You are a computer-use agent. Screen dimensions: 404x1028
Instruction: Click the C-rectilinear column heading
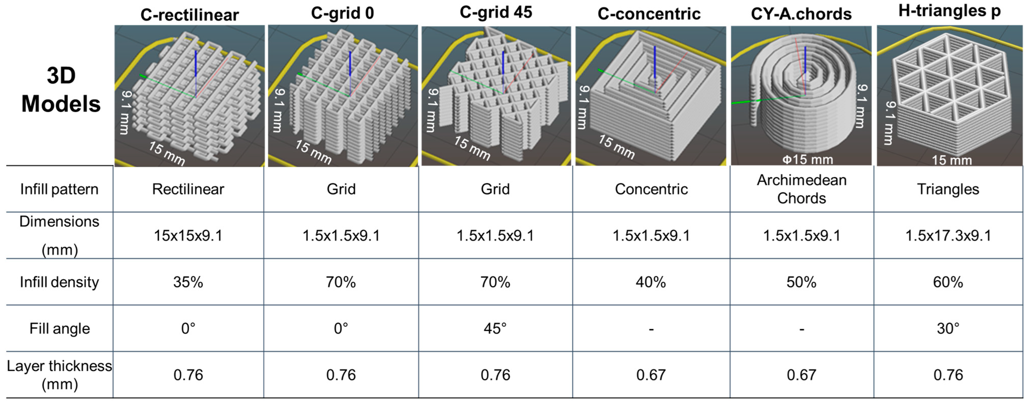190,15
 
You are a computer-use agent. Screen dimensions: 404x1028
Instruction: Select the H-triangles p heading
949,11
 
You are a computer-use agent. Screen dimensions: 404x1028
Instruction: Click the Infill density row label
59,282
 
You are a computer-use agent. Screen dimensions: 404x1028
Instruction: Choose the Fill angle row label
59,328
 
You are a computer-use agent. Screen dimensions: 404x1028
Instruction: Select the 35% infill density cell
188,282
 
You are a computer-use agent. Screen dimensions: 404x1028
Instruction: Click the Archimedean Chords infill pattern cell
801,189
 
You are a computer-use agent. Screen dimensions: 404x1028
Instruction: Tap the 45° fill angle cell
495,328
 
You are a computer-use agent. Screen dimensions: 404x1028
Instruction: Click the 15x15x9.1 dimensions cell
188,235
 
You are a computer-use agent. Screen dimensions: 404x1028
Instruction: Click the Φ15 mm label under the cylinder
807,160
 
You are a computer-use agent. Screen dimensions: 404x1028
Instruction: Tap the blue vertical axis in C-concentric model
654,62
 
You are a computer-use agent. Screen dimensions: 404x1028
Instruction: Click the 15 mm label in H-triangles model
951,160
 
